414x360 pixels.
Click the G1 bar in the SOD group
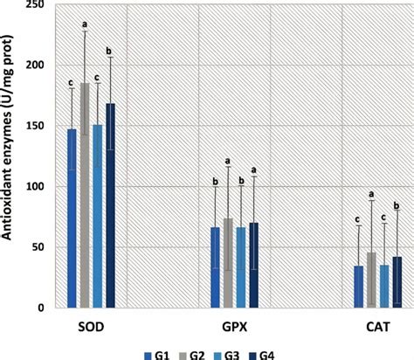click(x=72, y=218)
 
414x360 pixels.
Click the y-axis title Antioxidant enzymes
click(x=10, y=157)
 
